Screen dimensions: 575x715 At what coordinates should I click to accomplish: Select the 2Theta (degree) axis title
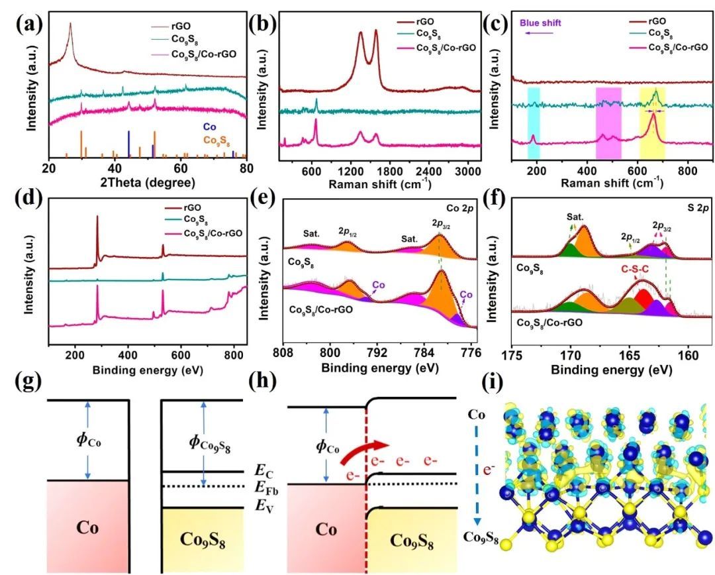coord(148,182)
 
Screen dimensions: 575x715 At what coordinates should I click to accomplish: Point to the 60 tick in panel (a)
coord(180,168)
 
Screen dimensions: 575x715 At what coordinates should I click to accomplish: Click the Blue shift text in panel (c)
coord(540,23)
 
